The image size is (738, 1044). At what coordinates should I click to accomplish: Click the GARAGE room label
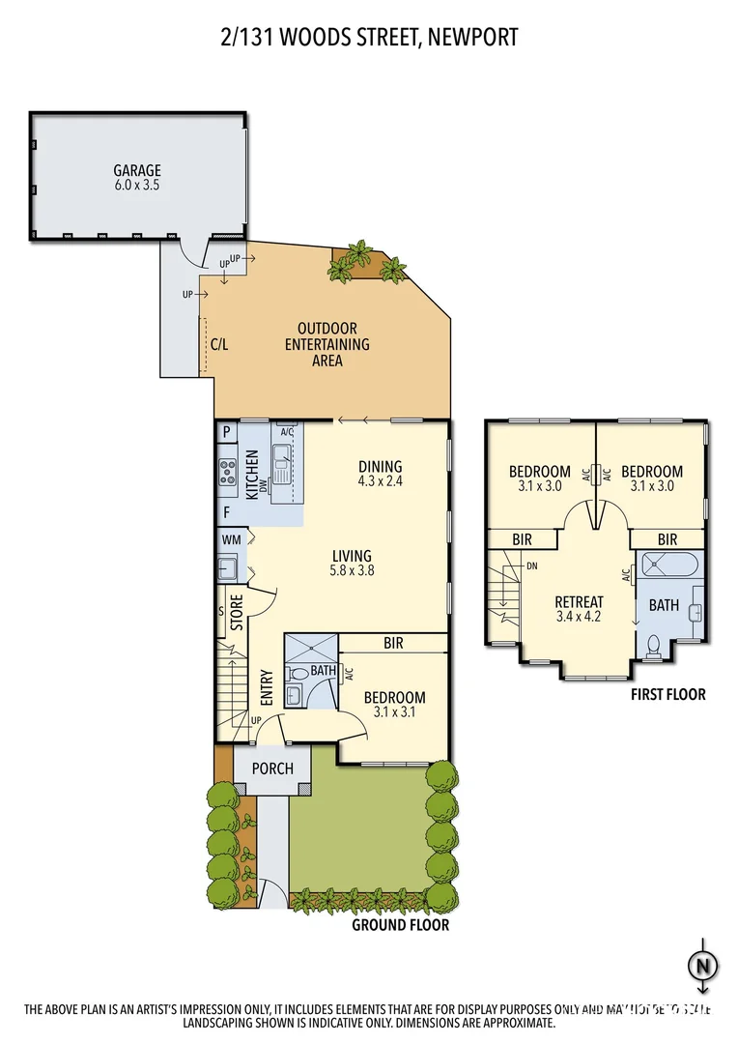[x=137, y=171]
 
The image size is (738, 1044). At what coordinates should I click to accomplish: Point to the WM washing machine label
[x=231, y=538]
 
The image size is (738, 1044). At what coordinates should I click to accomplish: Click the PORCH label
[x=272, y=768]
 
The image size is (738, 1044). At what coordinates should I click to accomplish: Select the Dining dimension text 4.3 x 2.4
[x=380, y=480]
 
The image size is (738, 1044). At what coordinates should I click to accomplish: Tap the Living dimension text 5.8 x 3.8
[x=352, y=570]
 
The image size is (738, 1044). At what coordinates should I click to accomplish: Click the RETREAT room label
[x=580, y=600]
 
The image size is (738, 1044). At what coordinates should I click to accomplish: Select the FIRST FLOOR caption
[x=667, y=694]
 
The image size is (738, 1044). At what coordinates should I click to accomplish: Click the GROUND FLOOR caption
[x=400, y=925]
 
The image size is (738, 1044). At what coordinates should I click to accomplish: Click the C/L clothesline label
[x=219, y=344]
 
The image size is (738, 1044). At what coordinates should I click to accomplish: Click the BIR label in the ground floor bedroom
[x=393, y=642]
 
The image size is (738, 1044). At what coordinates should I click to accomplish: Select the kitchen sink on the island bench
[x=282, y=472]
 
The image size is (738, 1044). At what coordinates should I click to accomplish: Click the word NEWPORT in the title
[x=473, y=38]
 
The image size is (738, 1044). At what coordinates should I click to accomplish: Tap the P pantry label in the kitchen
[x=226, y=433]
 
